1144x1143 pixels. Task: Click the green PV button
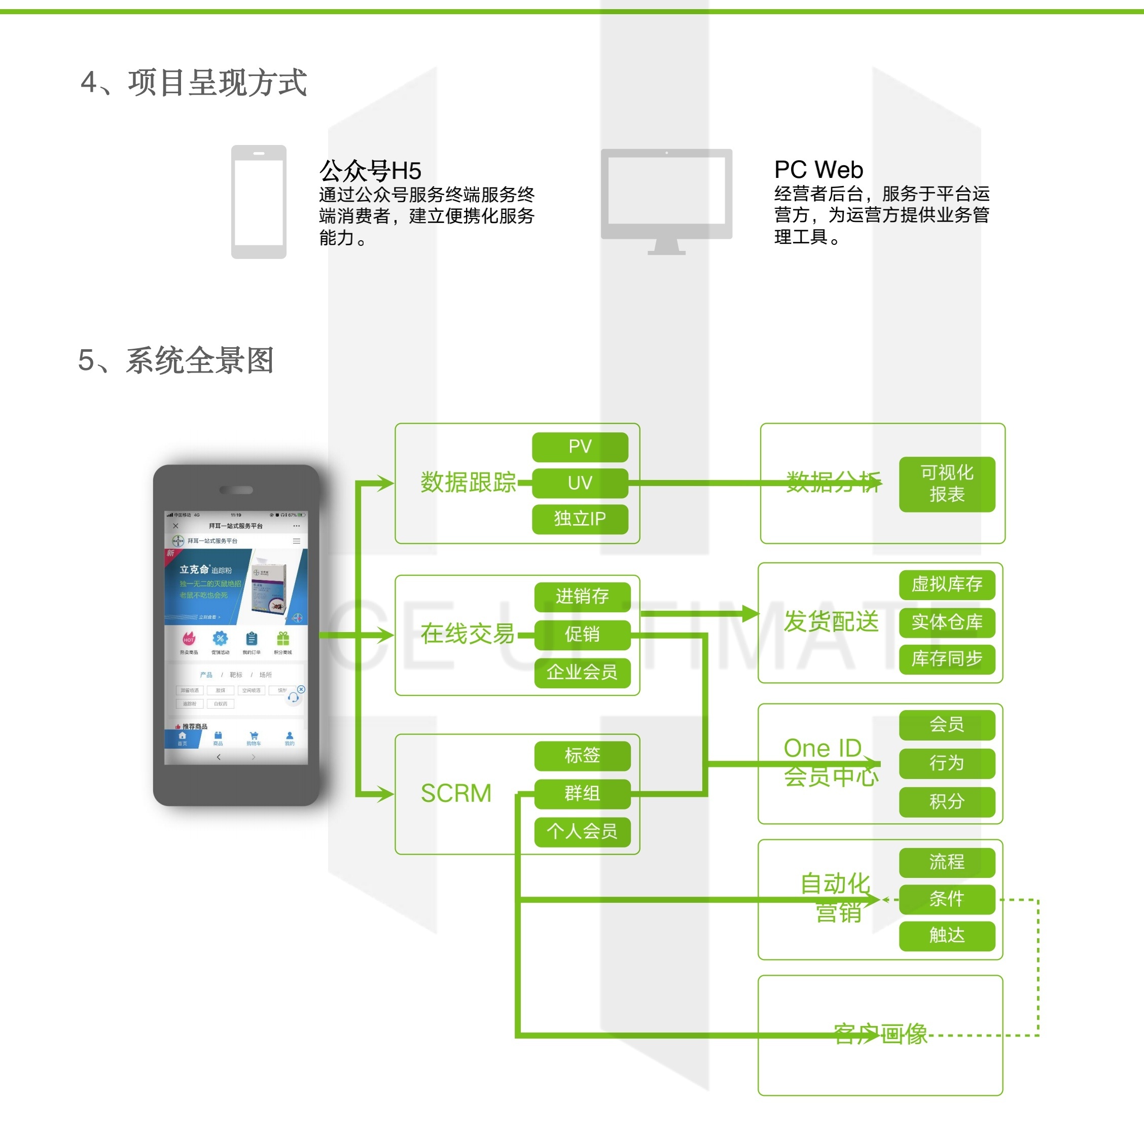pyautogui.click(x=580, y=447)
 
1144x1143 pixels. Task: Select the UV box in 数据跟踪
pyautogui.click(x=580, y=483)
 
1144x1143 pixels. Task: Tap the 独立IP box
pyautogui.click(x=580, y=519)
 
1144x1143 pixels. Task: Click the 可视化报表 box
pyautogui.click(x=946, y=484)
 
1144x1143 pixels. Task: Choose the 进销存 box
pyautogui.click(x=582, y=597)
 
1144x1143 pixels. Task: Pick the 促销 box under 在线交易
pyautogui.click(x=582, y=635)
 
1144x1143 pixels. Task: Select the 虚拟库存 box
pyautogui.click(x=946, y=585)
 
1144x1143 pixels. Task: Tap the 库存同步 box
pyautogui.click(x=946, y=659)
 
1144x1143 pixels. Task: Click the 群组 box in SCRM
pyautogui.click(x=582, y=794)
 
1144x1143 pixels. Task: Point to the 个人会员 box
pyautogui.click(x=582, y=832)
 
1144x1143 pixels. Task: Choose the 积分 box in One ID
pyautogui.click(x=946, y=801)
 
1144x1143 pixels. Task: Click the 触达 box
pyautogui.click(x=946, y=935)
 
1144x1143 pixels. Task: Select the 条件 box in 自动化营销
pyautogui.click(x=946, y=899)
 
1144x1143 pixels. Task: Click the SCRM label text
pyautogui.click(x=456, y=794)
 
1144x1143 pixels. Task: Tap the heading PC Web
pyautogui.click(x=818, y=170)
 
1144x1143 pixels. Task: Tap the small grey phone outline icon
pyautogui.click(x=259, y=202)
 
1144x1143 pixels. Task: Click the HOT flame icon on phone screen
pyautogui.click(x=189, y=639)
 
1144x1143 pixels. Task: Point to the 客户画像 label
pyautogui.click(x=880, y=1034)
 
